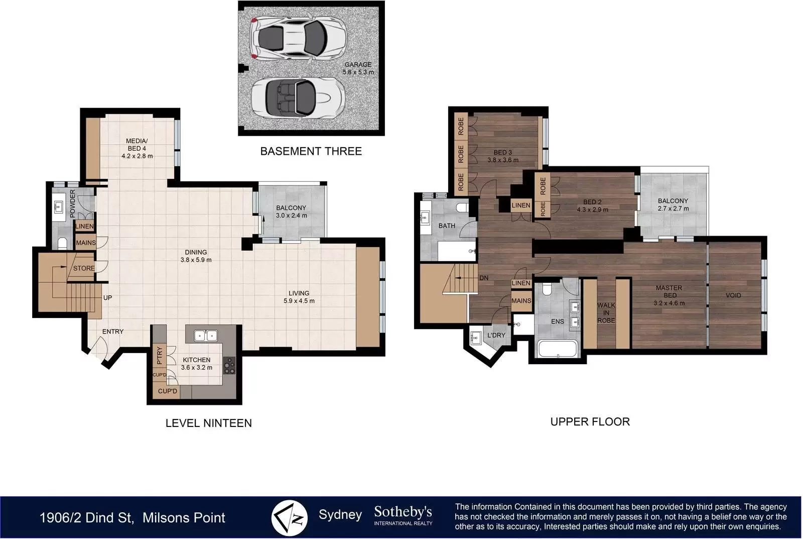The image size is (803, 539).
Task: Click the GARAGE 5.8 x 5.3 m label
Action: pos(358,68)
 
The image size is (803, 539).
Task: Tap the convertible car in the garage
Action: pos(298,97)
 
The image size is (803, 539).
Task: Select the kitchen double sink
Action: pos(206,336)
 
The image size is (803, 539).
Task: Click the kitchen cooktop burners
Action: pos(229,366)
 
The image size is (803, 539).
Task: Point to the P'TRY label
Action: pos(160,355)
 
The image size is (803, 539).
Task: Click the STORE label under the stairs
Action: pos(84,268)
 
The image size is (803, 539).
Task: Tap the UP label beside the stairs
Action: pos(107,297)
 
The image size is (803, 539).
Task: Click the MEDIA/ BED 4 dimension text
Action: pos(137,156)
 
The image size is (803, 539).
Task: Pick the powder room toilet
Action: pos(62,243)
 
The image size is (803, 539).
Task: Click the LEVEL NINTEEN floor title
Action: pos(209,423)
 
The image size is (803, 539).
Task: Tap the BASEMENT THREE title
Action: pos(311,151)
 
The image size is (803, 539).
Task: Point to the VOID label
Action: pos(733,295)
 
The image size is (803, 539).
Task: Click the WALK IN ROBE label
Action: pos(606,312)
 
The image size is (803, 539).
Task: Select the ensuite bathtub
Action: pos(558,349)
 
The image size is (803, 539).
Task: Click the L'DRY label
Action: pos(496,335)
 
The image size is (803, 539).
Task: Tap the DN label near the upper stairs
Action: pos(484,278)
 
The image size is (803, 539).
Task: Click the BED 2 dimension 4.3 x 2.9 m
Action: pos(593,209)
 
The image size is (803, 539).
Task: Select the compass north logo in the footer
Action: pos(289,518)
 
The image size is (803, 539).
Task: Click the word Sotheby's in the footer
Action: pos(403,512)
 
